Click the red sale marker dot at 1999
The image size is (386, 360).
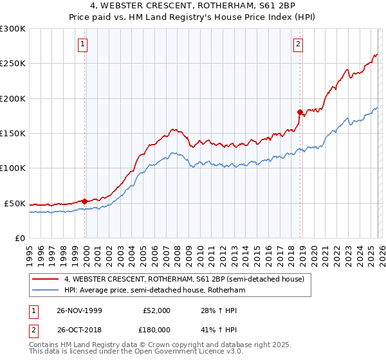(x=85, y=201)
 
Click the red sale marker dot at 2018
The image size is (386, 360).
(x=300, y=112)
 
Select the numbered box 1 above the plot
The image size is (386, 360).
(x=84, y=44)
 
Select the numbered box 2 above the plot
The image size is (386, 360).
(x=299, y=44)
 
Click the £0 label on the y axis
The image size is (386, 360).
(x=19, y=238)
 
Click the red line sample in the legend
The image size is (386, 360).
(x=44, y=279)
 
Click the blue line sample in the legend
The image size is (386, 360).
(x=44, y=290)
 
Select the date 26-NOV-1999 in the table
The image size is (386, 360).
(x=80, y=310)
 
